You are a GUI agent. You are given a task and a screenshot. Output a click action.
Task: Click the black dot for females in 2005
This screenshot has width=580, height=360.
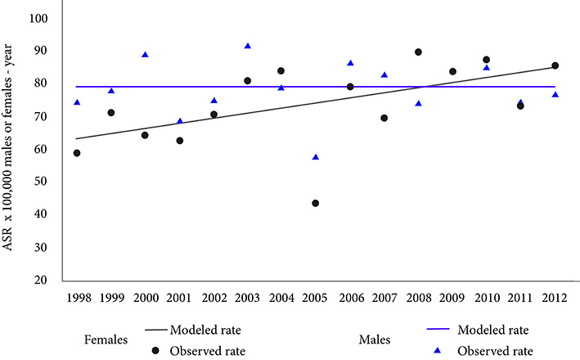(316, 203)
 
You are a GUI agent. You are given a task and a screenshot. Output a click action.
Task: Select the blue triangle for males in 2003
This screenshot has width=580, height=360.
(248, 47)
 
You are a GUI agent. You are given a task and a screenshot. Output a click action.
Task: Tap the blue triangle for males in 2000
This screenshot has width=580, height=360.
(145, 55)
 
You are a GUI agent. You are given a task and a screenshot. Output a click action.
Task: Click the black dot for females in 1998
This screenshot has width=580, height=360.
(77, 153)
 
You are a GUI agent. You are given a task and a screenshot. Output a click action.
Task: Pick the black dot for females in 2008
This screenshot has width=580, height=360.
(419, 52)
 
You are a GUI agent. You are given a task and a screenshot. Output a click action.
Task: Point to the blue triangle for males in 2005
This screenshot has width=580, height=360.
(316, 157)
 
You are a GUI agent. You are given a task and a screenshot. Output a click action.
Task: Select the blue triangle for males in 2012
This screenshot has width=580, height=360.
(555, 95)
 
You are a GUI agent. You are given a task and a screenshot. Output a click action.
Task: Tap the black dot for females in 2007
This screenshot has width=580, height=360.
(384, 118)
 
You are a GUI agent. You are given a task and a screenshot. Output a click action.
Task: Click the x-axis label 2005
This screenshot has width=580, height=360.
(316, 296)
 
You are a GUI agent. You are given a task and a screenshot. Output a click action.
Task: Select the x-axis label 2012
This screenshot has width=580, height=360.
(555, 296)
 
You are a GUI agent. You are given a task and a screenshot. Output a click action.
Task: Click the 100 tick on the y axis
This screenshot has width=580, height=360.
(38, 18)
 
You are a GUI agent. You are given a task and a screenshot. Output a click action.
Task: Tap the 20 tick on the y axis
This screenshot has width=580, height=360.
(41, 280)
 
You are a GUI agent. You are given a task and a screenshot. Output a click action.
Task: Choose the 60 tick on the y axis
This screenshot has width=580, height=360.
(41, 149)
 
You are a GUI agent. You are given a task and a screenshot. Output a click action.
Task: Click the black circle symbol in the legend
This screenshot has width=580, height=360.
(157, 350)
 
